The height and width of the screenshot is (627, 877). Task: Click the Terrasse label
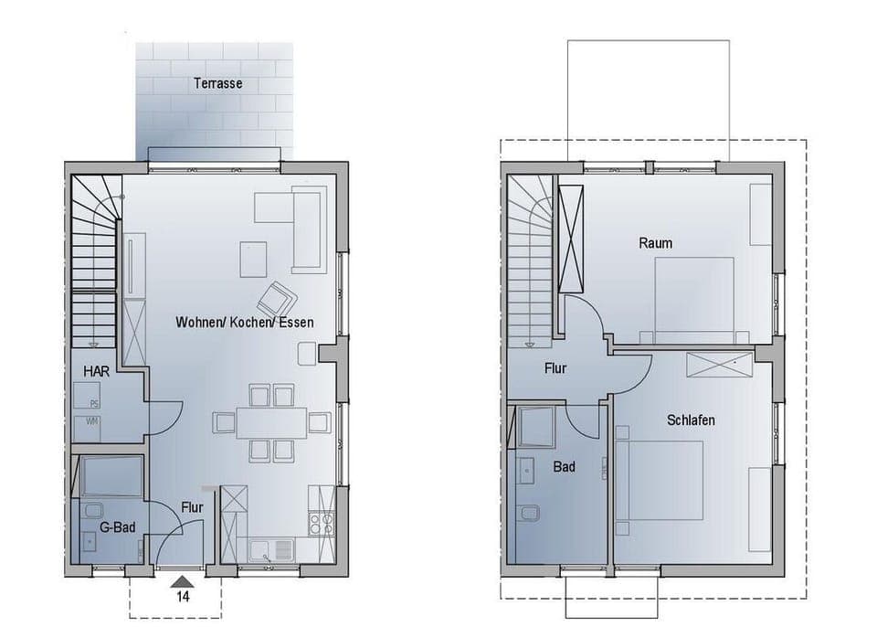click(x=217, y=83)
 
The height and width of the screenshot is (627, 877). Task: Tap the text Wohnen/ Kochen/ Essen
click(x=244, y=322)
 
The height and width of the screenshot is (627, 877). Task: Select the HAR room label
click(x=96, y=371)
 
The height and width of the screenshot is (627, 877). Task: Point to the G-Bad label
click(x=118, y=527)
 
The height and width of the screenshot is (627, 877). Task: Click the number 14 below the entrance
click(x=183, y=598)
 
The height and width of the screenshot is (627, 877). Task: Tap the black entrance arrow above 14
click(x=183, y=580)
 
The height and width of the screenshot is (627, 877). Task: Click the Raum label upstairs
click(x=655, y=242)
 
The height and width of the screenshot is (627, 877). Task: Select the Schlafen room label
click(x=691, y=420)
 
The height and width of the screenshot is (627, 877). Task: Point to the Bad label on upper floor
click(x=564, y=466)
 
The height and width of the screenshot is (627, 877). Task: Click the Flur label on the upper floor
click(x=555, y=368)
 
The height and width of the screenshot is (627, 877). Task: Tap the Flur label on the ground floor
click(x=192, y=507)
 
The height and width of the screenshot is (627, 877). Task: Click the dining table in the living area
click(x=271, y=422)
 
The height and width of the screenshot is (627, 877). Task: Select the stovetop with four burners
click(x=321, y=524)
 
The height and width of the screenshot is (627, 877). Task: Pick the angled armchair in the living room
click(x=276, y=298)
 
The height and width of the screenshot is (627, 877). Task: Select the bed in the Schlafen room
click(x=660, y=481)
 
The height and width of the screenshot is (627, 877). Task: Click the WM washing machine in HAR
click(x=93, y=422)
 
